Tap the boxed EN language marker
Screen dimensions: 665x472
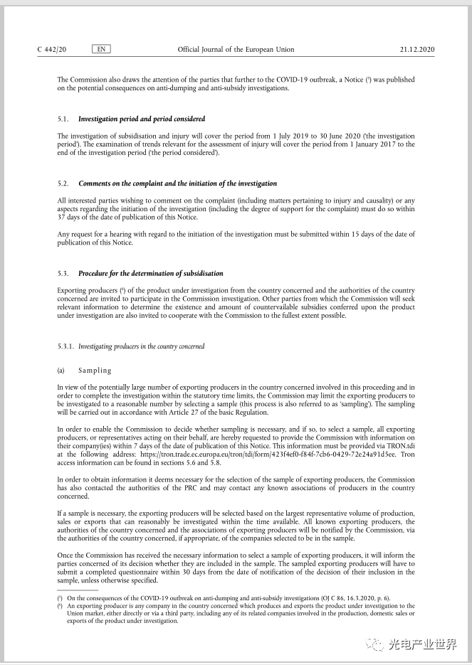(x=101, y=49)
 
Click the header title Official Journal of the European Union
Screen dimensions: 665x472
(x=236, y=50)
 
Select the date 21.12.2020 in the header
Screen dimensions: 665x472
(x=417, y=50)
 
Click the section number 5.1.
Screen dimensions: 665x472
(x=63, y=119)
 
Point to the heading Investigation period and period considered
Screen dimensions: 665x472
(x=142, y=119)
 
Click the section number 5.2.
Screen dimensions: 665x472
(x=63, y=183)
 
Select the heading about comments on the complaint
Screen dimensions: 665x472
(x=177, y=183)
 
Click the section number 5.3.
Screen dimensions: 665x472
(x=63, y=273)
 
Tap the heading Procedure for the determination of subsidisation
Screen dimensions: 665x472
(x=150, y=273)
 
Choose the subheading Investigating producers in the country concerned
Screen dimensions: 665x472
(x=141, y=346)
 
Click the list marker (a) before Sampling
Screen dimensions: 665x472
(x=61, y=371)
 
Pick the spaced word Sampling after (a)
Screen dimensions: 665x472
(x=95, y=371)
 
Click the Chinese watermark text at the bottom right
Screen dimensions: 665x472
(x=422, y=644)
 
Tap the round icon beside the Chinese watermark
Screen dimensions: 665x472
(x=373, y=644)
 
